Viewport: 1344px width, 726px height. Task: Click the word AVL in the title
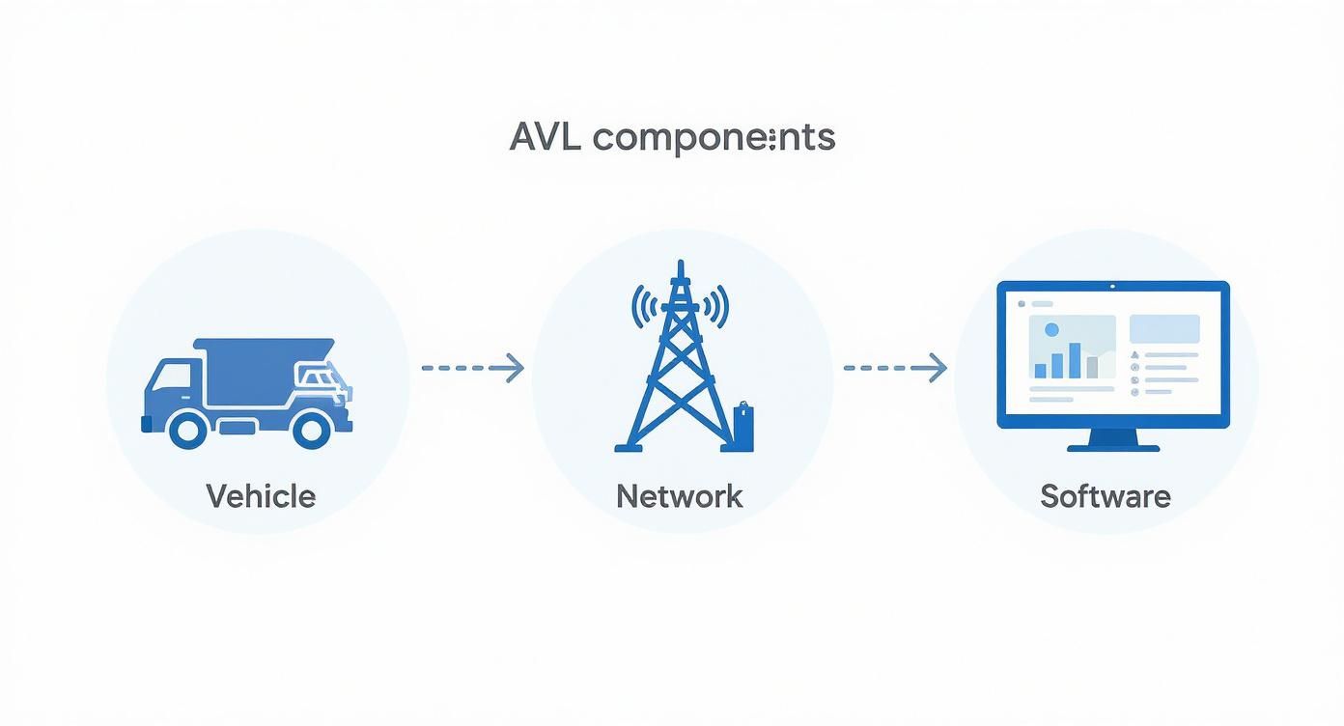(x=546, y=137)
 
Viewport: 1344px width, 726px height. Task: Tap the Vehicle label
(x=261, y=496)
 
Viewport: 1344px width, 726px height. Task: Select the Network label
(x=680, y=496)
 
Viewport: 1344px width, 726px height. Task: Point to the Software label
(x=1106, y=496)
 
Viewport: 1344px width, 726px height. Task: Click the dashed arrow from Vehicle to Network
(x=473, y=367)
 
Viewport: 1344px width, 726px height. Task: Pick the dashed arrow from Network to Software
(x=895, y=367)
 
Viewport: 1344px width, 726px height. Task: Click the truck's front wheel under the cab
(x=188, y=428)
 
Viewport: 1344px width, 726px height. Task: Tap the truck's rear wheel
(x=311, y=428)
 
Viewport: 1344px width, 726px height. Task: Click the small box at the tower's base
(x=742, y=427)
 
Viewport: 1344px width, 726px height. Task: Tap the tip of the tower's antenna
(x=681, y=264)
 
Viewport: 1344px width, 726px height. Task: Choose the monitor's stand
(x=1113, y=440)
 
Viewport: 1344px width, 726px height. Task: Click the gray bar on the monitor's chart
(x=1092, y=367)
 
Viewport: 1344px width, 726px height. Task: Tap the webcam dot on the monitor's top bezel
(x=1113, y=286)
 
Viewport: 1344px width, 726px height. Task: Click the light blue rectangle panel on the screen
(x=1164, y=328)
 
